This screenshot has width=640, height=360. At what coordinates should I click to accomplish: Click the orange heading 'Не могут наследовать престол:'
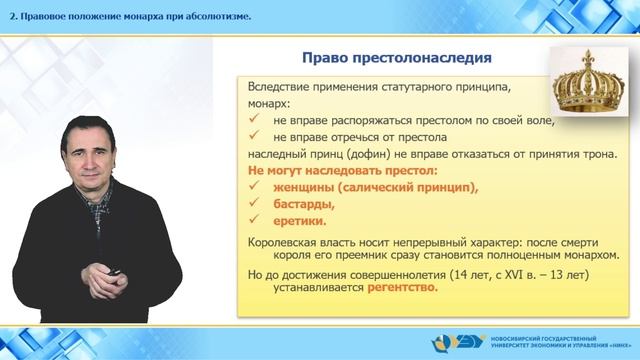pyautogui.click(x=327, y=171)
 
